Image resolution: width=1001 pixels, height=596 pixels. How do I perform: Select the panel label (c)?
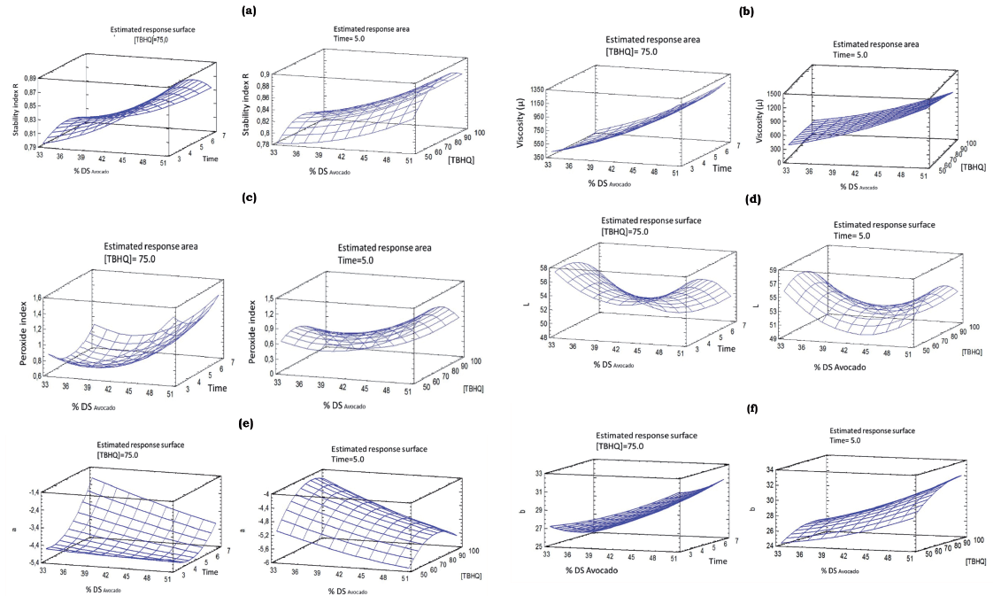(x=249, y=197)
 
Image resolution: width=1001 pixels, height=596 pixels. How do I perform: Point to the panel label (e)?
(x=246, y=423)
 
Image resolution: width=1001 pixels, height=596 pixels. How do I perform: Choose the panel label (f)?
(x=752, y=409)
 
